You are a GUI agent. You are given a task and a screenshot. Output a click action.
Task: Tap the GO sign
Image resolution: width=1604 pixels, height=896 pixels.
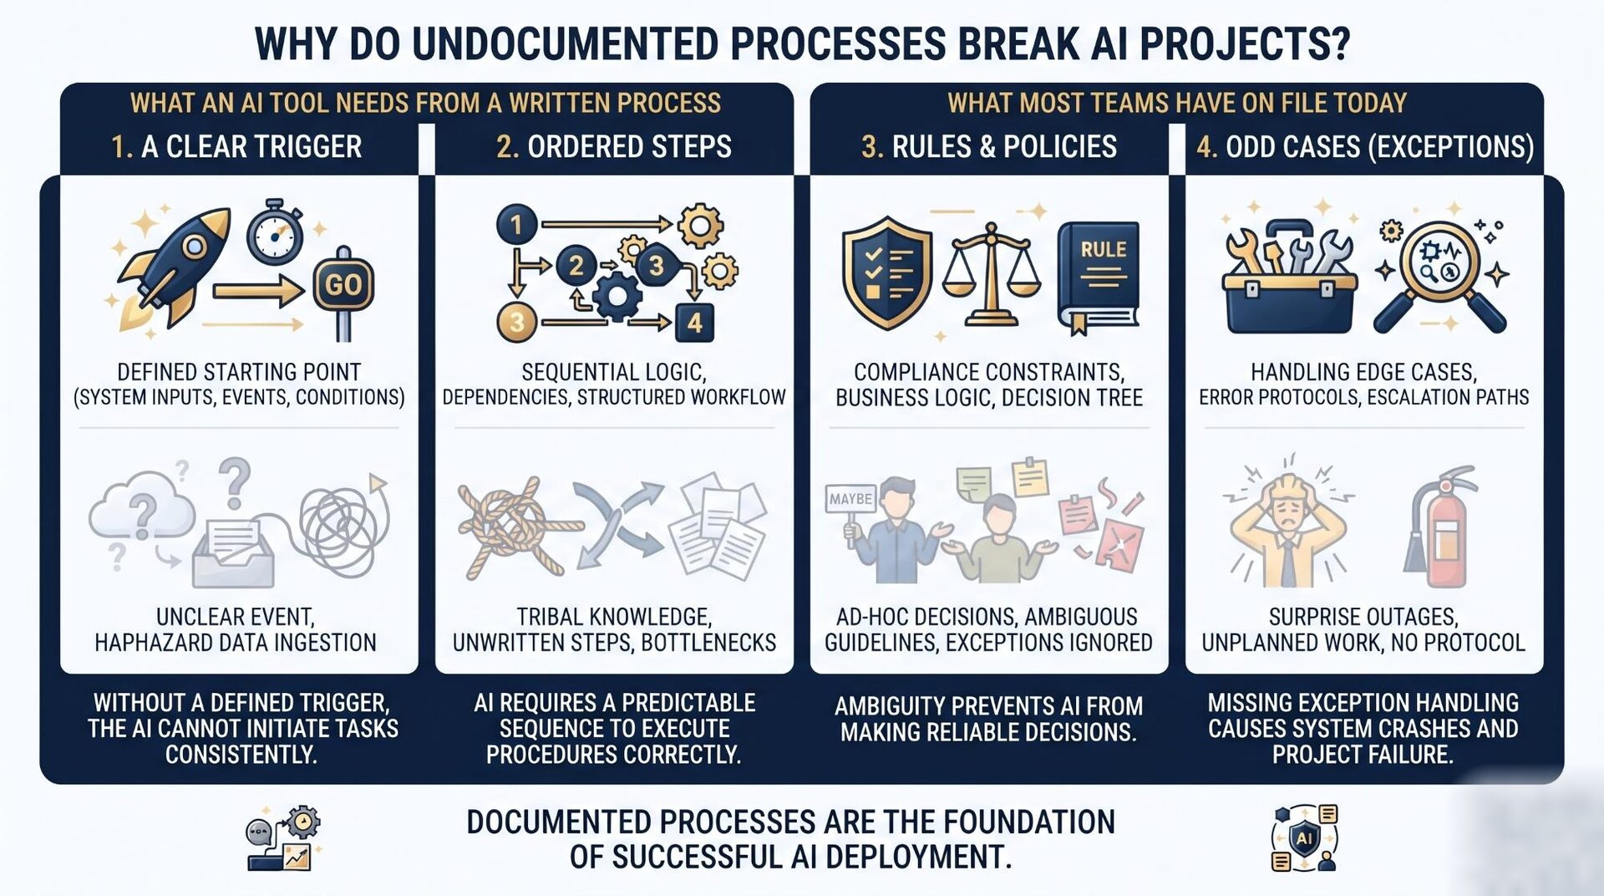point(343,284)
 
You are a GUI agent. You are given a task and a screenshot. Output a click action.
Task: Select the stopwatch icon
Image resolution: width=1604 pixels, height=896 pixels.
point(275,229)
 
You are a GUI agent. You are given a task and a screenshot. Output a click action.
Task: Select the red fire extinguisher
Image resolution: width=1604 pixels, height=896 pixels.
point(1439,526)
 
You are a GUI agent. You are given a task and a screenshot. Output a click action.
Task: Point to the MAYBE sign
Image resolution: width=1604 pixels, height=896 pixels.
point(850,499)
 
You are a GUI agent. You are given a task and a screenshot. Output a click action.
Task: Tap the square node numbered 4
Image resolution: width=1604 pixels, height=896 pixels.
point(694,323)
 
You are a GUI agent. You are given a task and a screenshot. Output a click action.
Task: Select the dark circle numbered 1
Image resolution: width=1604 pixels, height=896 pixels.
point(516,224)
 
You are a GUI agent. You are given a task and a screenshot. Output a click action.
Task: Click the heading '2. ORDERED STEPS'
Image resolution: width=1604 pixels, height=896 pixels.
point(614,146)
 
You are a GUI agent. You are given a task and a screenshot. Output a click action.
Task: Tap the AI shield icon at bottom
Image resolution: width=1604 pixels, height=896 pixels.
point(1304,838)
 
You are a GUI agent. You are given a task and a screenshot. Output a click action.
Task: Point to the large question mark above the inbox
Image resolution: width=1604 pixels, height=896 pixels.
point(235,482)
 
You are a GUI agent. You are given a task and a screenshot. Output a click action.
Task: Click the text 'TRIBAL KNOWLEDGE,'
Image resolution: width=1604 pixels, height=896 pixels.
point(614,617)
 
